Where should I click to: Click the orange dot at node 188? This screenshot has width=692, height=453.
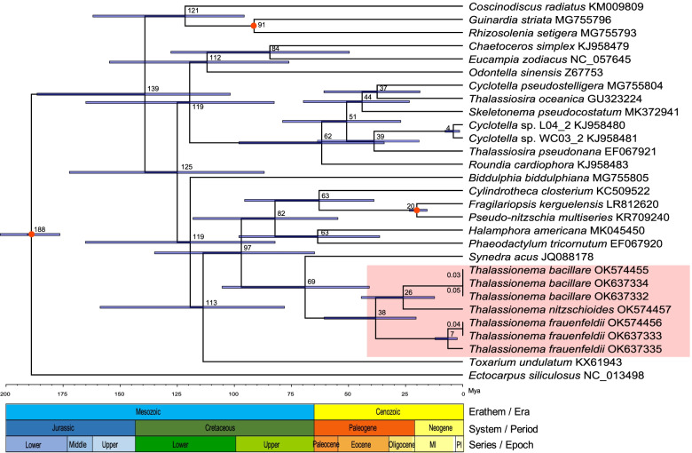(x=31, y=234)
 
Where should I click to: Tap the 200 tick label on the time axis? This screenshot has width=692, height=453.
(x=6, y=391)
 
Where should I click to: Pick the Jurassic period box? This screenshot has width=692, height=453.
(x=70, y=427)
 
